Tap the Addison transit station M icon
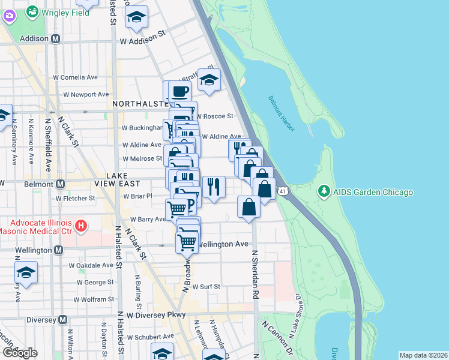(x=56, y=38)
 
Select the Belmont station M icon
(x=60, y=184)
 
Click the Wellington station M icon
(x=58, y=250)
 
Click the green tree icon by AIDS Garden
(x=324, y=191)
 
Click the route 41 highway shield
(x=289, y=190)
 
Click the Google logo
(x=20, y=353)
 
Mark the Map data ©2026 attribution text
(x=423, y=355)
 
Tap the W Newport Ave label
(x=87, y=94)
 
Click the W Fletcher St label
(x=75, y=197)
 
